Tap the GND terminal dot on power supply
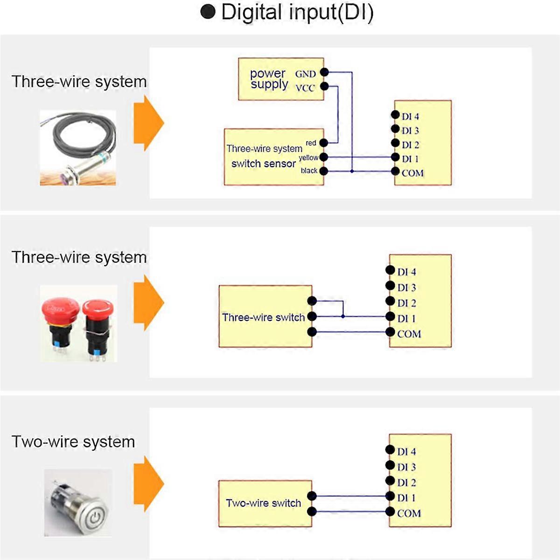point(324,72)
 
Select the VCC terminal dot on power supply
point(324,86)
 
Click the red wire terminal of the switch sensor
point(323,143)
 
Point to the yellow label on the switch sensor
point(308,158)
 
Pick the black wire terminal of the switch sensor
point(323,171)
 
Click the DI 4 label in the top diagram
point(410,116)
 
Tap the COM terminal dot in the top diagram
point(395,172)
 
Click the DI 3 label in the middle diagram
point(406,287)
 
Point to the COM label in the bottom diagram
point(409,513)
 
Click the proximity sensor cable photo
point(78,148)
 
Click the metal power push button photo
point(78,503)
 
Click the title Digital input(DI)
point(287,13)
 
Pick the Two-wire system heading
point(73,441)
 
